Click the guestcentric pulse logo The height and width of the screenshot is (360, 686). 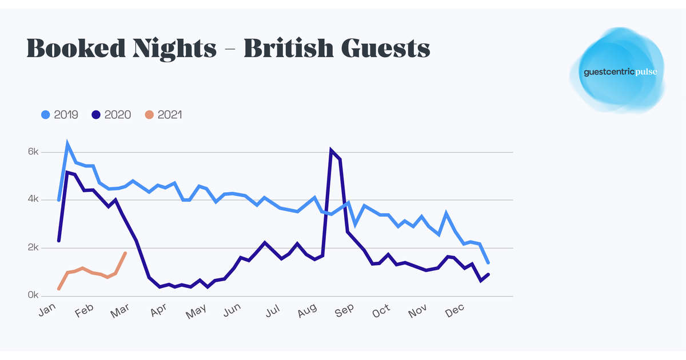point(617,71)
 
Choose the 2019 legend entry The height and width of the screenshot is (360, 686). point(62,115)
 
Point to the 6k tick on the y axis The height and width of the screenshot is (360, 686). point(33,152)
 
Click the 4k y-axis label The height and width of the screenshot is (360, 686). point(33,200)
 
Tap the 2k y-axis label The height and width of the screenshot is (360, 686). point(33,248)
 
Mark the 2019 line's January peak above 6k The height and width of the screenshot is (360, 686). point(67,145)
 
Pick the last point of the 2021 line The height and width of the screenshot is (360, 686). point(125,253)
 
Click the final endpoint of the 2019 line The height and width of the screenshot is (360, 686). point(488,263)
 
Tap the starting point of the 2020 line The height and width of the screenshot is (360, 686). point(59,241)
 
